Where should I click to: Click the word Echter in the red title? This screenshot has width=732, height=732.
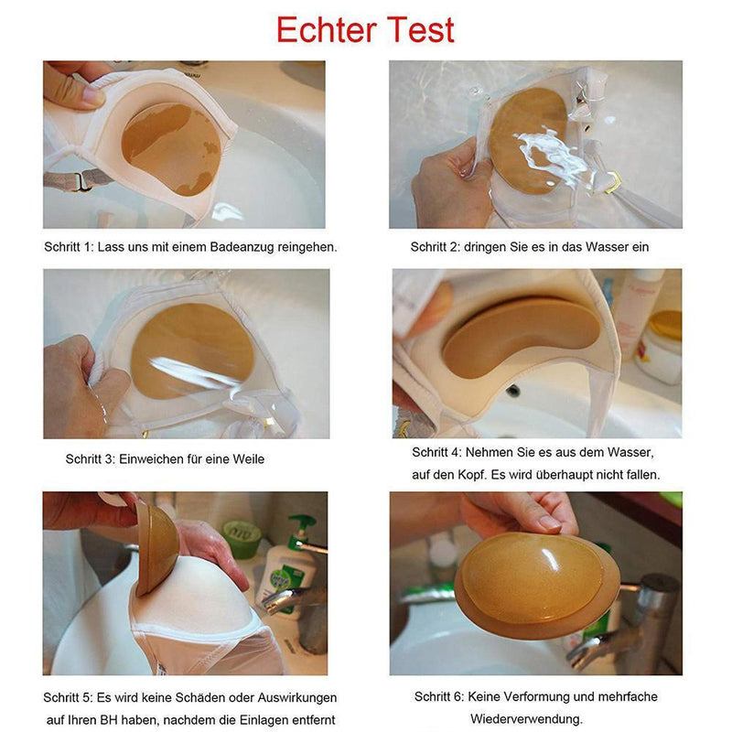click(327, 30)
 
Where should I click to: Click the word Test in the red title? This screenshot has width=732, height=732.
click(421, 30)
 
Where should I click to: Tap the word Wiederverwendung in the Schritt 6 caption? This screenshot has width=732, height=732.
click(526, 718)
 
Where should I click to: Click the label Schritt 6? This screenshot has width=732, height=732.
click(439, 697)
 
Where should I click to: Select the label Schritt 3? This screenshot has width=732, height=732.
click(90, 459)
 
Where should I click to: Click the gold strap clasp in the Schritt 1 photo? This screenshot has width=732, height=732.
click(82, 181)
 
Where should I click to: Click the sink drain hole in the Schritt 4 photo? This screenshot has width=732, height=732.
click(512, 391)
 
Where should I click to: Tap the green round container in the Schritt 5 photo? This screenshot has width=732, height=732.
click(242, 539)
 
